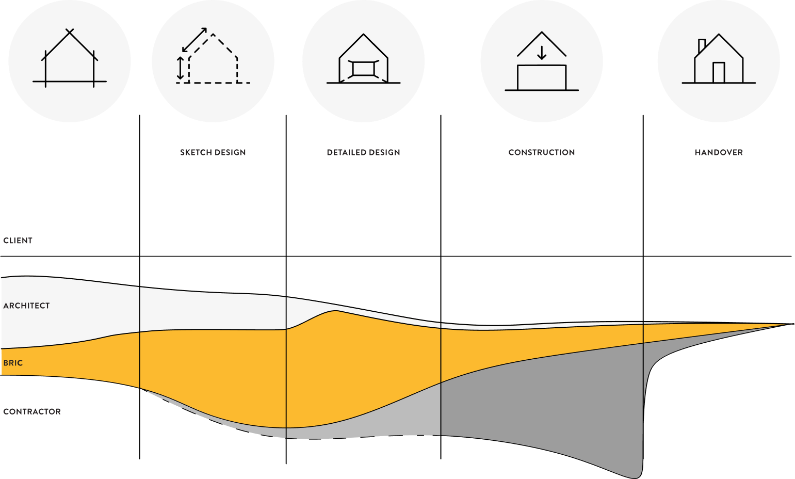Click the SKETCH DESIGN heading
213,152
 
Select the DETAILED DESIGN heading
363,152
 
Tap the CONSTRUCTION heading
542,152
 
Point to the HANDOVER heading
719,152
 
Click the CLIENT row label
18,241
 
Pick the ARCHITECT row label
27,306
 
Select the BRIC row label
13,363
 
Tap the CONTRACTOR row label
32,411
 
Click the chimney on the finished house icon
701,45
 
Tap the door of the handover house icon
719,72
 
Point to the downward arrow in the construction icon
542,53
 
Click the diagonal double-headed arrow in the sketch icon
194,40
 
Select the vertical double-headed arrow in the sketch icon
180,68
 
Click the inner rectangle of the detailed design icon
363,69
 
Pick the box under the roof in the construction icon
542,77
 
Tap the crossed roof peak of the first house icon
70,32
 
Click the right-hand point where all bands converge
793,324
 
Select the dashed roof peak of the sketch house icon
213,35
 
